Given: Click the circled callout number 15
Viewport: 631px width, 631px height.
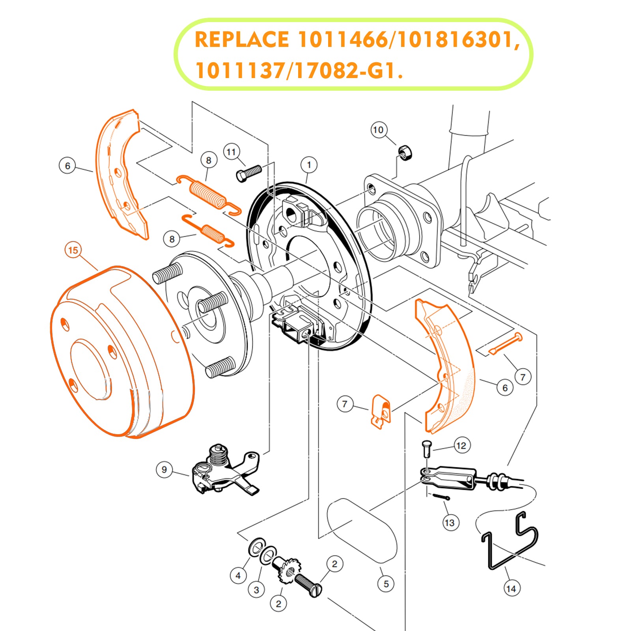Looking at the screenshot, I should tap(73, 250).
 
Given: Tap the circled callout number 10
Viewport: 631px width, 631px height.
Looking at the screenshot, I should tap(379, 130).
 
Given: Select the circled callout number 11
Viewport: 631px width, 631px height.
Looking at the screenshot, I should tap(231, 152).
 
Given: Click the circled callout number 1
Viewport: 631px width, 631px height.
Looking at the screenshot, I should tap(309, 165).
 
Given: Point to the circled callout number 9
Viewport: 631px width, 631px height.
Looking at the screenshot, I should tap(164, 469).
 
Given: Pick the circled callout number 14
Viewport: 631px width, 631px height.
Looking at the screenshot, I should tap(512, 588).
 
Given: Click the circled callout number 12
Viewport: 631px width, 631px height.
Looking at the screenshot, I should tap(461, 446).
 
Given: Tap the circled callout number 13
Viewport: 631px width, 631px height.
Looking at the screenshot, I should tap(450, 523).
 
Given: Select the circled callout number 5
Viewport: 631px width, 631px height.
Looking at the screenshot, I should tap(386, 584).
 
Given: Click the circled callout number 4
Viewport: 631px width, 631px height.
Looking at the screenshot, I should tap(238, 575).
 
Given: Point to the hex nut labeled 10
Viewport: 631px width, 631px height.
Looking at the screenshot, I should tap(404, 152).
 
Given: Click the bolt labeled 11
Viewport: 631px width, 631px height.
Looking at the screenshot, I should tap(248, 173).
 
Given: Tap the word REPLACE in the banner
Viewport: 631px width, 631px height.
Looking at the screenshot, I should tap(241, 40).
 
